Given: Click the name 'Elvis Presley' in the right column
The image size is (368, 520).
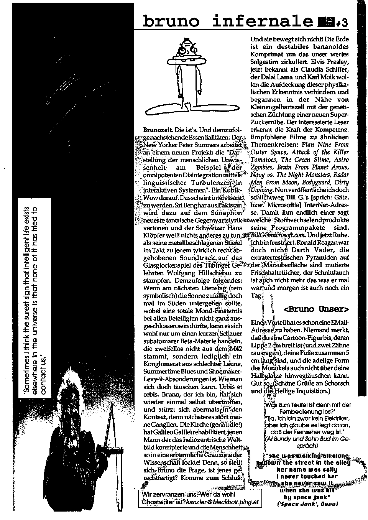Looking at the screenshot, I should pyautogui.click(x=330, y=62).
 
